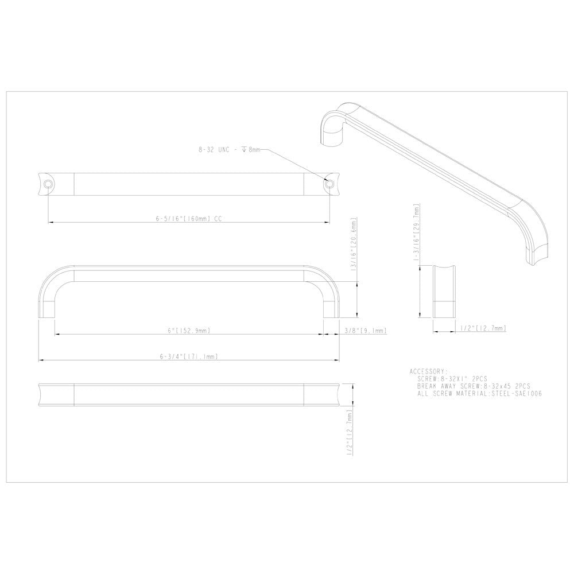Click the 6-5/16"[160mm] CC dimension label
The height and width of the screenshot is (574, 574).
click(x=188, y=219)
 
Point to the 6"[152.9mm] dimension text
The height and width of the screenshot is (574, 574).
click(x=188, y=331)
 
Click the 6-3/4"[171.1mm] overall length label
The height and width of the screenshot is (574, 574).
click(x=188, y=356)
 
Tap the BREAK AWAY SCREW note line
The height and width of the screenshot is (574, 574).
click(x=474, y=387)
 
